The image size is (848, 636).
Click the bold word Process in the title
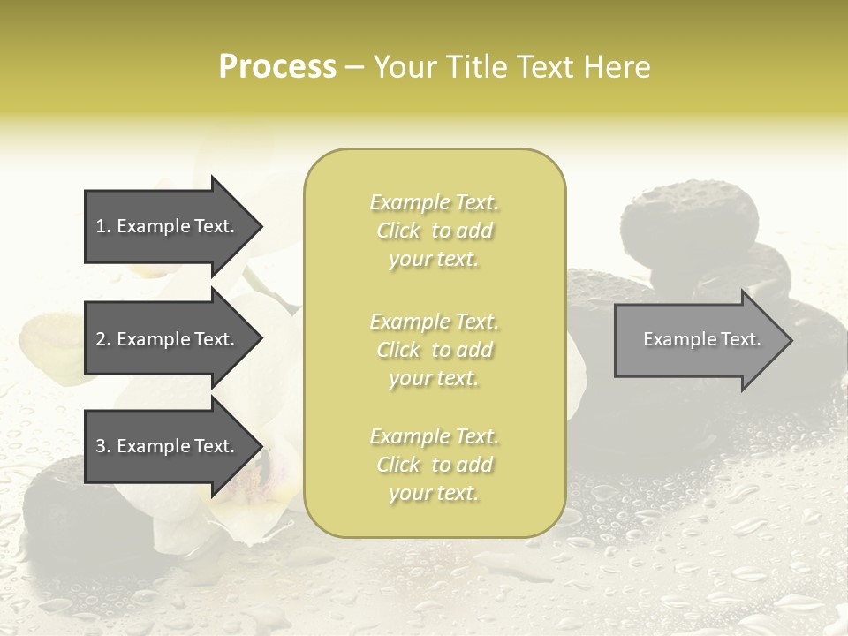click(x=277, y=67)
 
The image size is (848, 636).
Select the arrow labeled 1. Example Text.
click(x=168, y=226)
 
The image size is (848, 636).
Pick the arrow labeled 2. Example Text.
click(x=168, y=339)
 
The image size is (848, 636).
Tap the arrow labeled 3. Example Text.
click(x=168, y=446)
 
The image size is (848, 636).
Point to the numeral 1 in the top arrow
click(x=101, y=226)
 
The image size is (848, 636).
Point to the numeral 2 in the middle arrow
click(x=101, y=339)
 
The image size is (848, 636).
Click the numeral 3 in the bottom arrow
click(x=101, y=446)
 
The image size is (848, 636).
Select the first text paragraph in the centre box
click(x=434, y=231)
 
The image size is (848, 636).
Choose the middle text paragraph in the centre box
click(x=434, y=350)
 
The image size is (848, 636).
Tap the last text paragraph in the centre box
click(x=434, y=465)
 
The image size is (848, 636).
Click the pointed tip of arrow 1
click(x=261, y=226)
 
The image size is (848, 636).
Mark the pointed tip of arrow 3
click(x=261, y=446)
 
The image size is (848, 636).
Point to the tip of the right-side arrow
click(x=791, y=340)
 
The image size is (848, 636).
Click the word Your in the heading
click(x=405, y=67)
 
